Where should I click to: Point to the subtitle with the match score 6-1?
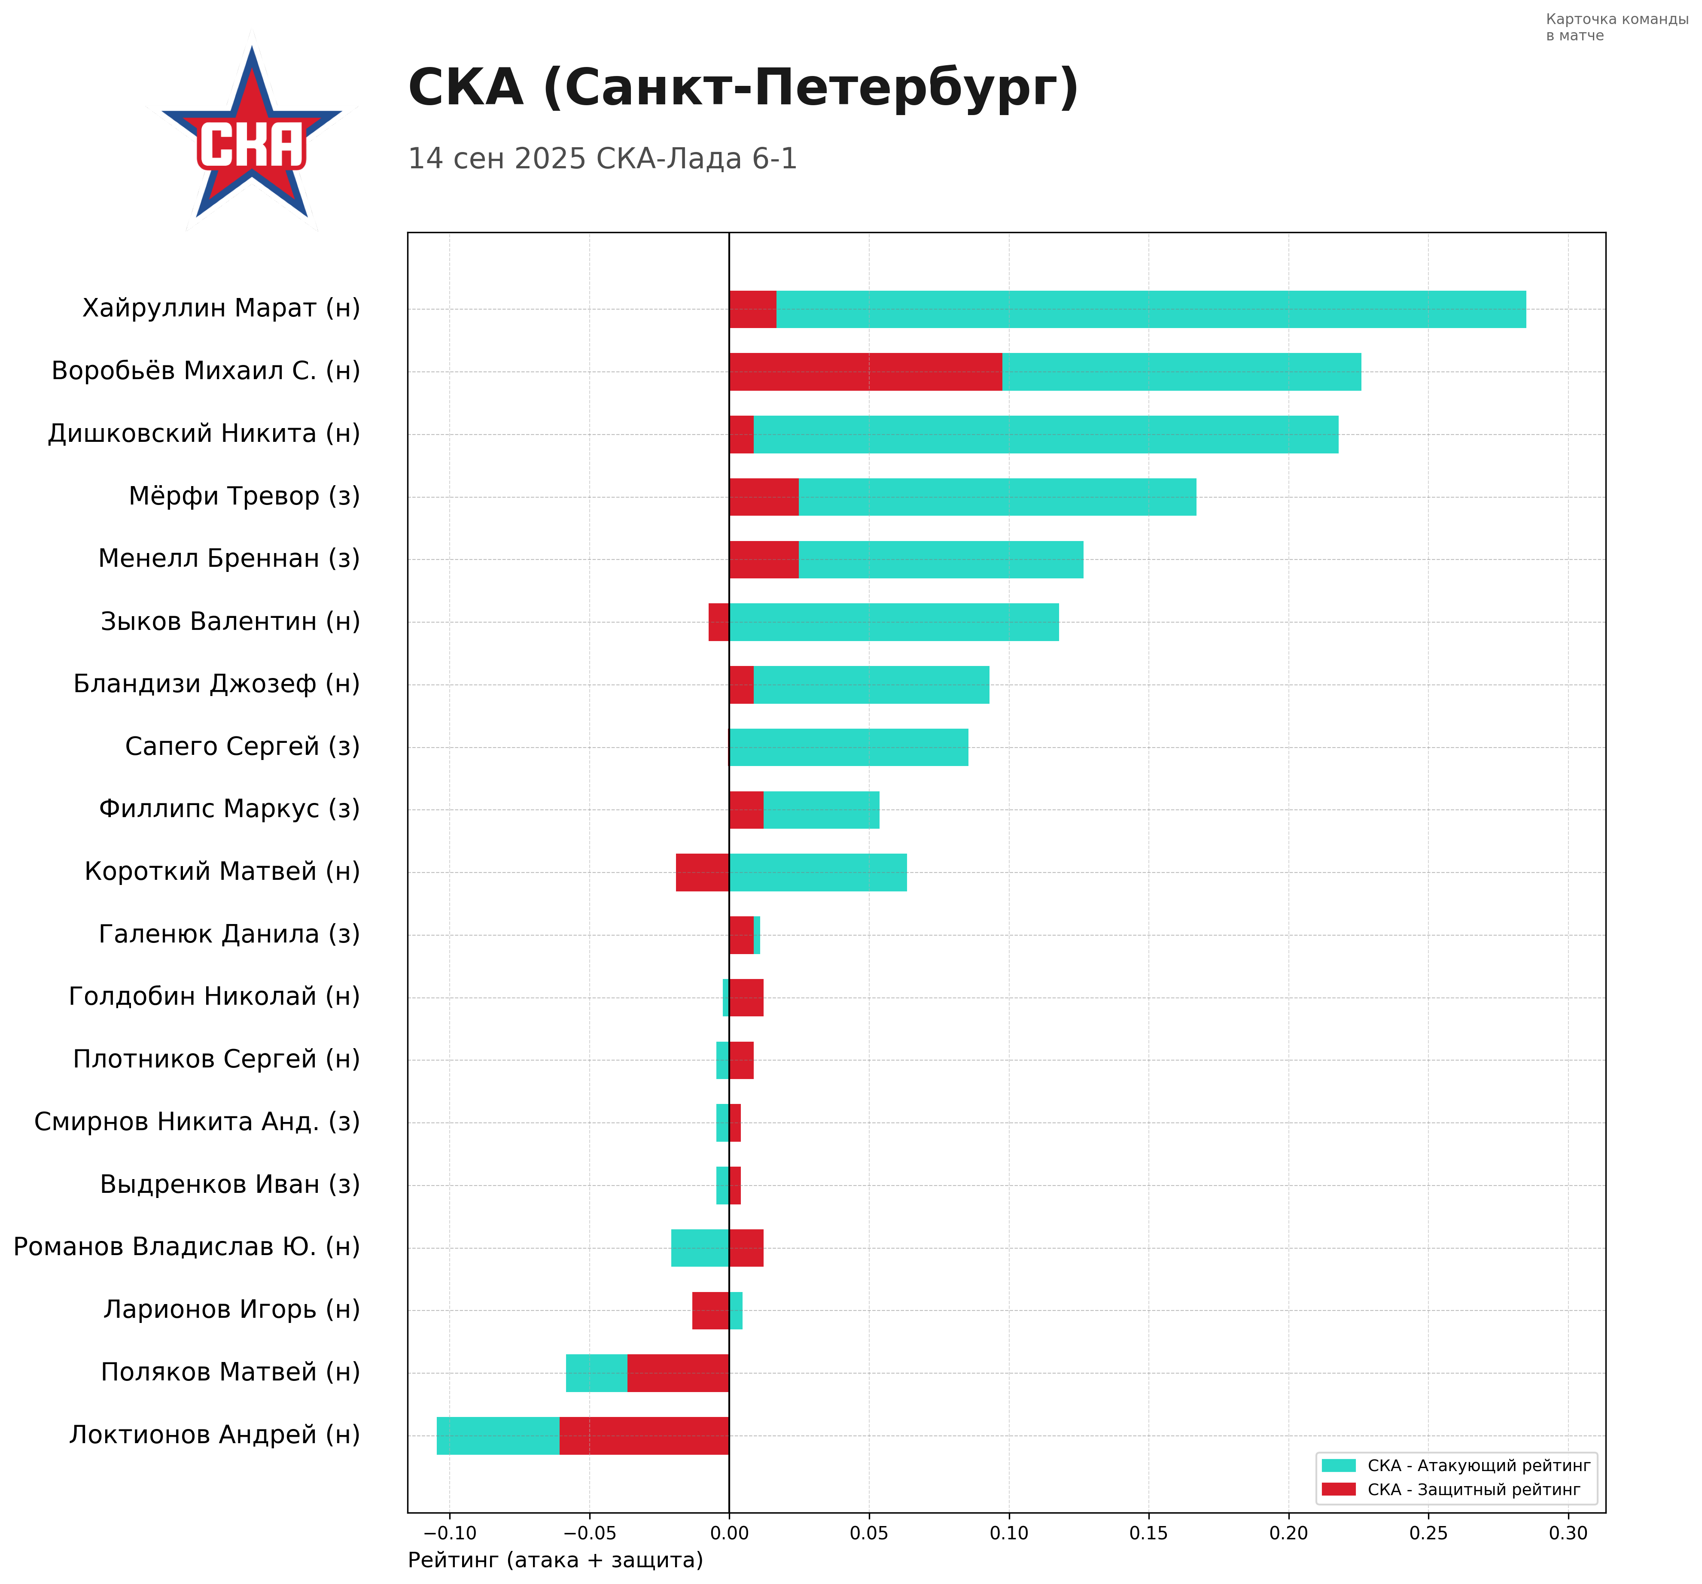[x=602, y=159]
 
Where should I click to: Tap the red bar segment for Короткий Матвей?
[x=702, y=873]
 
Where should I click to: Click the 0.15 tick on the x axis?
[x=1148, y=1532]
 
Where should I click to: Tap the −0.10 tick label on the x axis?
[x=450, y=1532]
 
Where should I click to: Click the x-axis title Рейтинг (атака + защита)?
[x=555, y=1560]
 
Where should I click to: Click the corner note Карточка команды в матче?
[x=1617, y=27]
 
